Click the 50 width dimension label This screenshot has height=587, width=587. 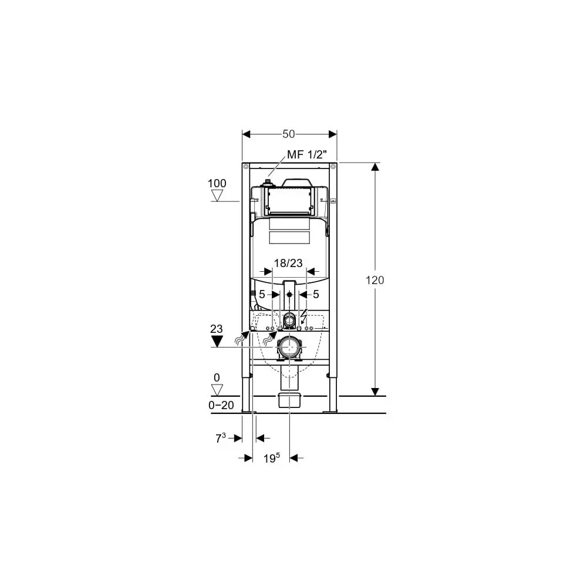[288, 134]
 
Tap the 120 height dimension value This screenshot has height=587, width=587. [375, 280]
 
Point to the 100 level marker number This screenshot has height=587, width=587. [217, 183]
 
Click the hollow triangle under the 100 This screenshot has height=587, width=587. [218, 195]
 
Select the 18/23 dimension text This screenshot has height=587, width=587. [288, 263]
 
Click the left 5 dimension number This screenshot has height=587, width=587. [262, 294]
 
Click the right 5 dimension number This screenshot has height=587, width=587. [316, 294]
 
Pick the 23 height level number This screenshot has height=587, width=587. [217, 329]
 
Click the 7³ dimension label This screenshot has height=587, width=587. [220, 437]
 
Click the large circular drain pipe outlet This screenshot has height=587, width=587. [289, 348]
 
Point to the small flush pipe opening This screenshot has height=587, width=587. [289, 321]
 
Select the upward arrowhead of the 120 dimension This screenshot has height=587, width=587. [375, 167]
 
